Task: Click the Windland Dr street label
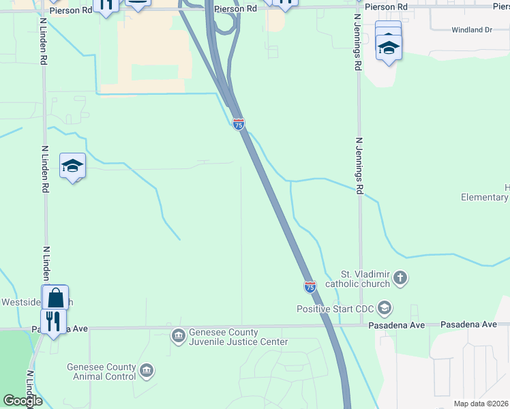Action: pyautogui.click(x=472, y=30)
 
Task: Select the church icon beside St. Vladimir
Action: pyautogui.click(x=400, y=278)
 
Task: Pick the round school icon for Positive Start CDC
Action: pyautogui.click(x=385, y=309)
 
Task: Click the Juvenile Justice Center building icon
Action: pyautogui.click(x=178, y=335)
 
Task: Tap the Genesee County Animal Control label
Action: pyautogui.click(x=101, y=371)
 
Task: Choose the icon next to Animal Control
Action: pyautogui.click(x=147, y=371)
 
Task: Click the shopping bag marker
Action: pyautogui.click(x=55, y=298)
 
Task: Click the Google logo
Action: pyautogui.click(x=22, y=400)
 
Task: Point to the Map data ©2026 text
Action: pyautogui.click(x=481, y=404)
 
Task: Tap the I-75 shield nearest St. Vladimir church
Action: pyautogui.click(x=310, y=287)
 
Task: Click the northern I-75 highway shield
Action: pyautogui.click(x=238, y=124)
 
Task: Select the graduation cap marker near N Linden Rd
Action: pyautogui.click(x=72, y=166)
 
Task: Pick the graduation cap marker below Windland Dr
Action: pyautogui.click(x=389, y=47)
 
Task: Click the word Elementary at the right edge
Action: pyautogui.click(x=485, y=198)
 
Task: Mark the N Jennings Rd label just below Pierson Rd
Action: pyautogui.click(x=357, y=41)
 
